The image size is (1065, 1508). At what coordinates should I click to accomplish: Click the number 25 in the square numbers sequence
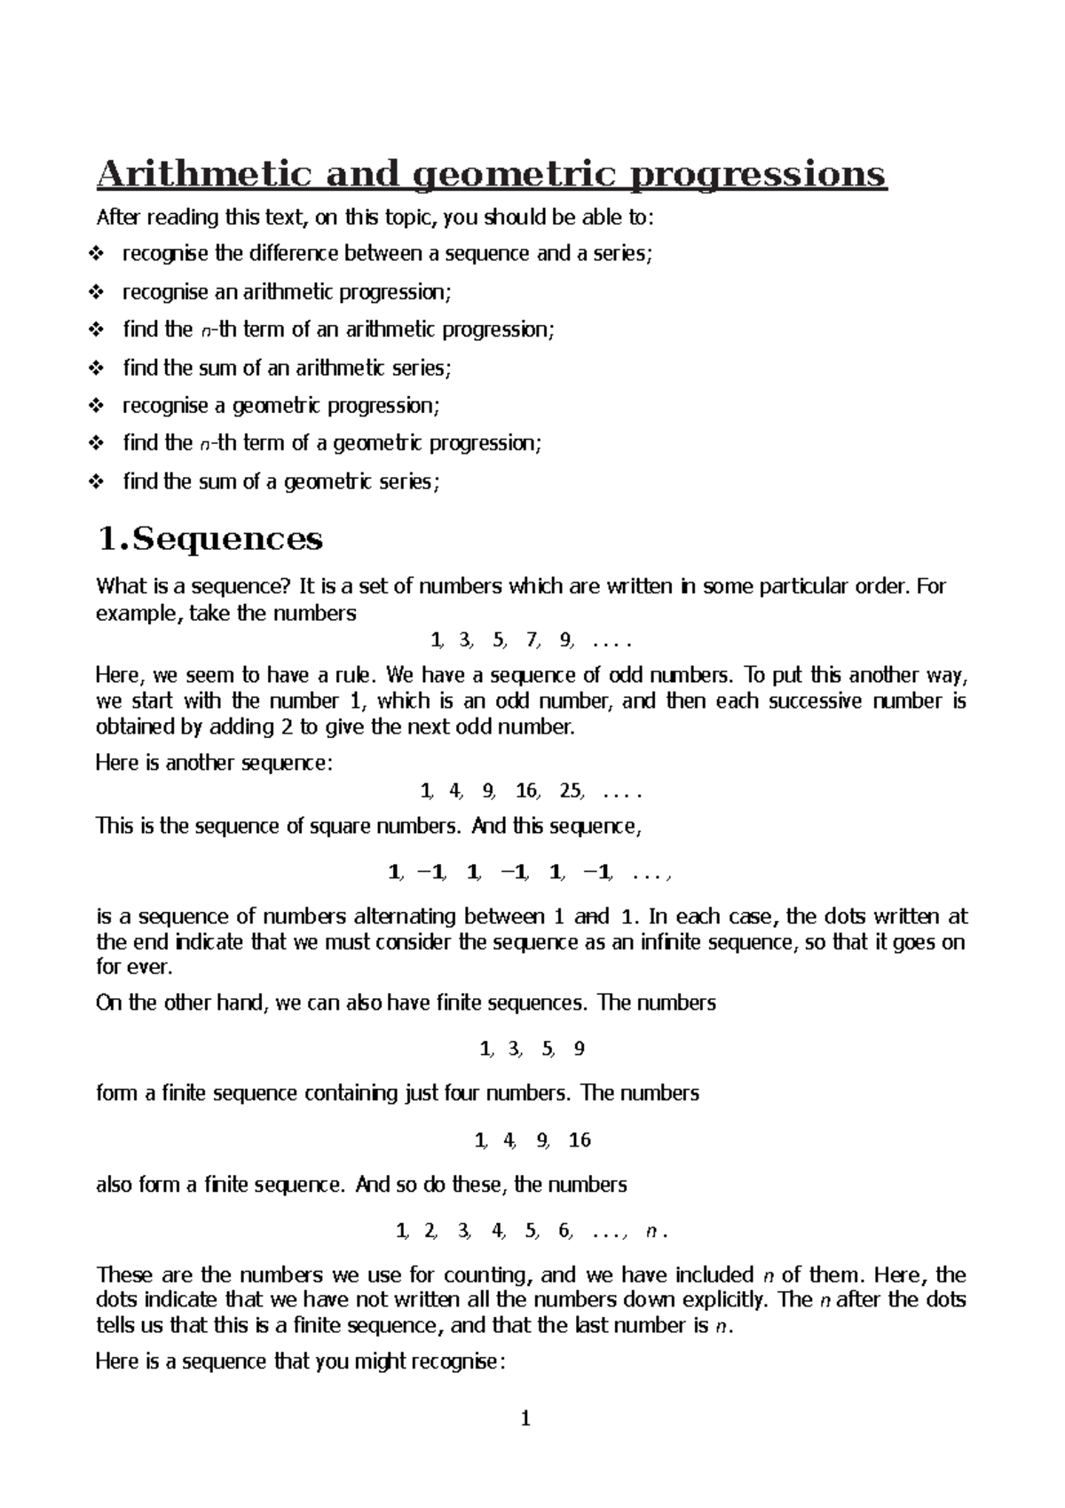coord(571,790)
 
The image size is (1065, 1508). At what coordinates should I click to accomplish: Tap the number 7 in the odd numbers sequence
coord(532,639)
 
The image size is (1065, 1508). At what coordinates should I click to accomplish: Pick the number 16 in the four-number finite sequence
coord(580,1140)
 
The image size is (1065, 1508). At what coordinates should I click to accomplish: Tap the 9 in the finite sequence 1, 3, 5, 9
coord(580,1049)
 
